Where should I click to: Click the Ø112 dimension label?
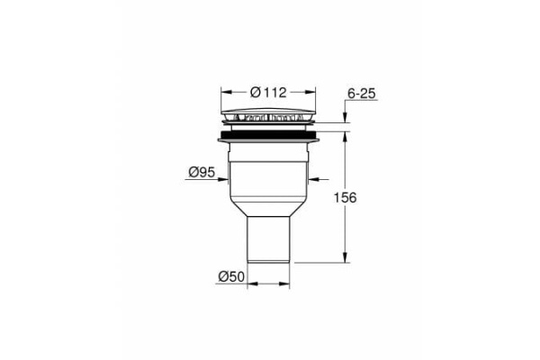[x=268, y=92]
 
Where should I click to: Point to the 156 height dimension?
[x=359, y=198]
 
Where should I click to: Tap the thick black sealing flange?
[x=268, y=137]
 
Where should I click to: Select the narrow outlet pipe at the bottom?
[x=268, y=238]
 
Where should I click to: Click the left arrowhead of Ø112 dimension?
[x=225, y=92]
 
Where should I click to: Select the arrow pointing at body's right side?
[x=311, y=175]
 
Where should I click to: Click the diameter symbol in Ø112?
[x=255, y=92]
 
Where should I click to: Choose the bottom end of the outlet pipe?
[x=268, y=260]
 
